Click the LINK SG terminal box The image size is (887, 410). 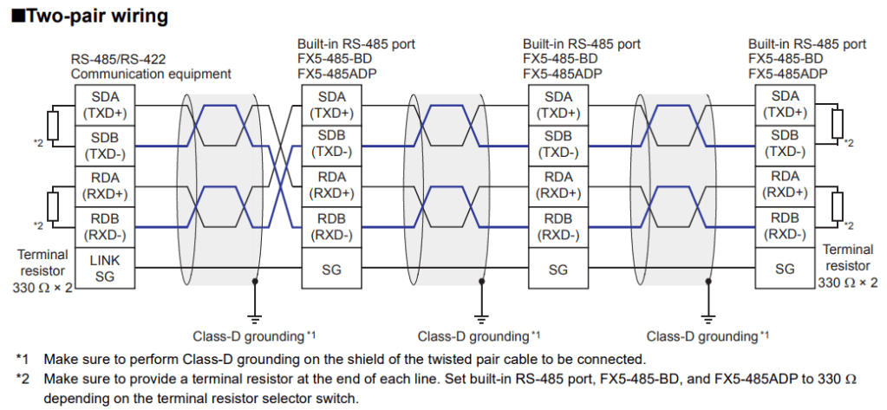pos(104,268)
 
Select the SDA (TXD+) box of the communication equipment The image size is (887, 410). pos(104,105)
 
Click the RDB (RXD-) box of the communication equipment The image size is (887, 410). pos(104,226)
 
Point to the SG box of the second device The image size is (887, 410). pos(331,270)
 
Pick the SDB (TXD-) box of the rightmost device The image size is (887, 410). pos(785,145)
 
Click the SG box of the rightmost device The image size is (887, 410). pos(785,270)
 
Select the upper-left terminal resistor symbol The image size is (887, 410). pos(53,125)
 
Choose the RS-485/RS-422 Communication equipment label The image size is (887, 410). pos(151,67)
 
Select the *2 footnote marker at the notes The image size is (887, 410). pos(23,378)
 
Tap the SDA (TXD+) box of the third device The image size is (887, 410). pos(558,105)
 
